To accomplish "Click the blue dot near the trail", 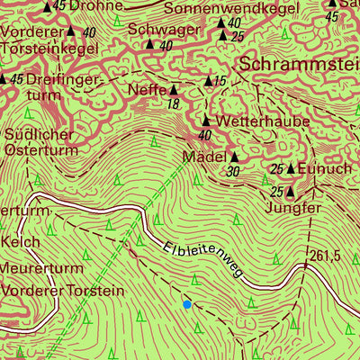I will tap(187, 304).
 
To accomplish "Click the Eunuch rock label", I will tap(327, 168).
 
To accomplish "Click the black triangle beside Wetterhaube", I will tap(206, 121).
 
